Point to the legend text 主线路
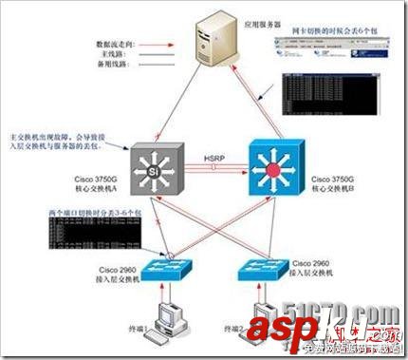(125, 56)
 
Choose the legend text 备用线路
(122, 67)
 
